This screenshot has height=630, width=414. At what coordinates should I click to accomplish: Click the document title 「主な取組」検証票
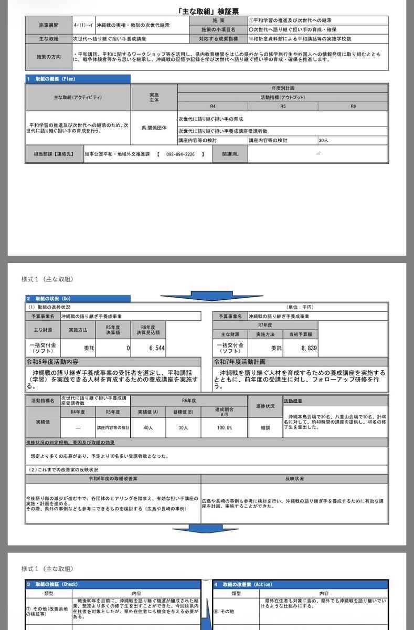pyautogui.click(x=207, y=12)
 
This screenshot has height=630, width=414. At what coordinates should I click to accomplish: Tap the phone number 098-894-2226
pyautogui.click(x=180, y=154)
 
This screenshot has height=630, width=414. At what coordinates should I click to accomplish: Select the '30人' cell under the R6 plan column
pyautogui.click(x=324, y=141)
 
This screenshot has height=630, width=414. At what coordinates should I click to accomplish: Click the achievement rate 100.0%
pyautogui.click(x=224, y=428)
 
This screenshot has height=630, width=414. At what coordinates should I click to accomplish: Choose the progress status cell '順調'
pyautogui.click(x=265, y=428)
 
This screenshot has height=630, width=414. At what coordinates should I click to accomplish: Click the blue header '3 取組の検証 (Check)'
pyautogui.click(x=52, y=584)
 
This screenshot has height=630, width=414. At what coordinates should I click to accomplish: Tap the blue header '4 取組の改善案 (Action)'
pyautogui.click(x=243, y=584)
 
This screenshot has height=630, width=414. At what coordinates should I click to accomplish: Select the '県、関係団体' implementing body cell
pyautogui.click(x=154, y=127)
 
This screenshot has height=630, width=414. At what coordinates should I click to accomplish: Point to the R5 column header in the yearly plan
pyautogui.click(x=283, y=106)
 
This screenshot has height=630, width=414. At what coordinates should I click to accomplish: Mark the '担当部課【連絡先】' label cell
pyautogui.click(x=54, y=154)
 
